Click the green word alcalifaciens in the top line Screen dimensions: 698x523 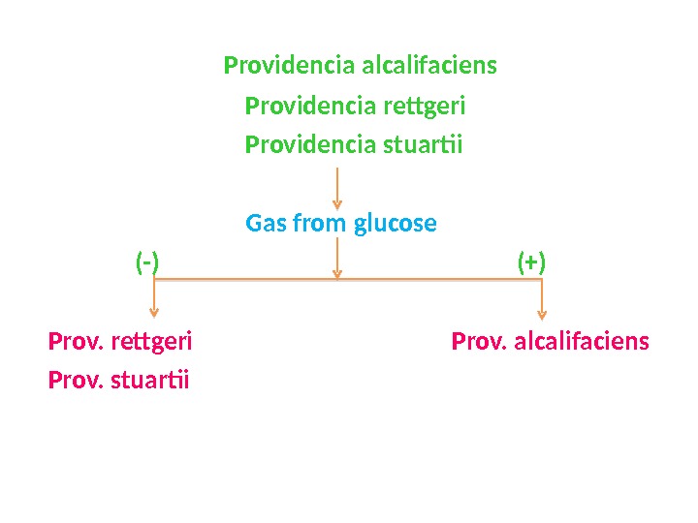pos(428,66)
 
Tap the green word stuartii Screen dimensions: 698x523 pos(423,145)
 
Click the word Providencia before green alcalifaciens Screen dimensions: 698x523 pos(290,66)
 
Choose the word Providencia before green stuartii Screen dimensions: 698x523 pos(311,145)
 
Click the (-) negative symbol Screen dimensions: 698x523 pos(147,262)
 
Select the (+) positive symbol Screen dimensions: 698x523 pos(531,262)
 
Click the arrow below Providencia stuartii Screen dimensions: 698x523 pos(336,188)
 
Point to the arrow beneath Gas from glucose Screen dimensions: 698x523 pos(336,259)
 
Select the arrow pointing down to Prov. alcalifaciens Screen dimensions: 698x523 pos(542,299)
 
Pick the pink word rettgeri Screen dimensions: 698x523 pos(152,342)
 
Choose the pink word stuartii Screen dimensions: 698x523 pos(151,379)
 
